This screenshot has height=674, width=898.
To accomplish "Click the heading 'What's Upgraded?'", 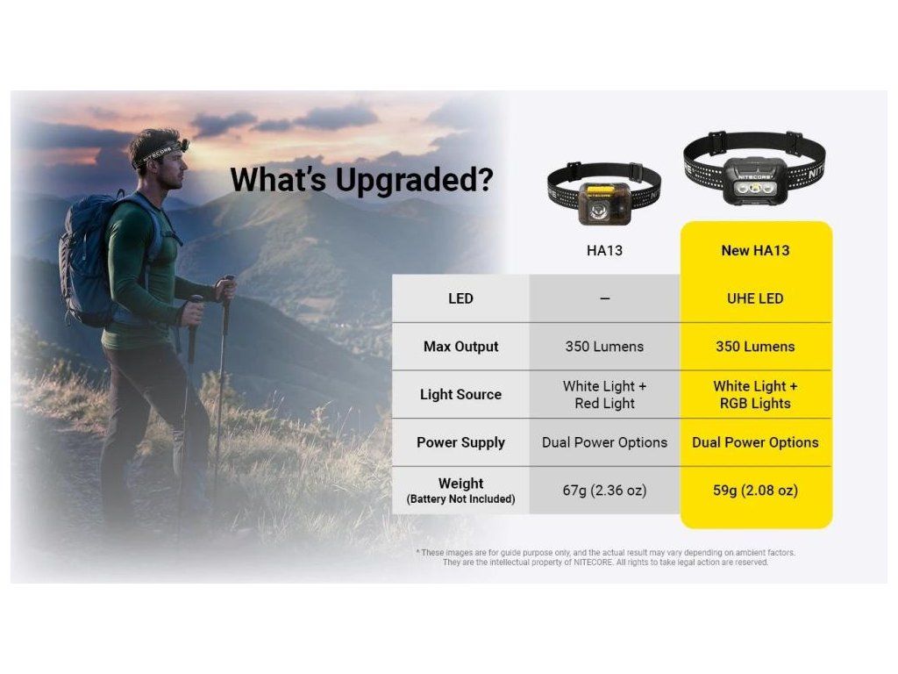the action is (x=361, y=181).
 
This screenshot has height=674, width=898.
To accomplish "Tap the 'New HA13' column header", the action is (x=755, y=250).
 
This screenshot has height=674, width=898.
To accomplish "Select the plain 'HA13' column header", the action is (x=604, y=250).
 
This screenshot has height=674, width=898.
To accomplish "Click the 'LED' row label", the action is (x=460, y=298).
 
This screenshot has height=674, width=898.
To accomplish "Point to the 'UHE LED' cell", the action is (x=755, y=298).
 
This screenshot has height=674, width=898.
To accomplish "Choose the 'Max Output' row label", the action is (x=460, y=347).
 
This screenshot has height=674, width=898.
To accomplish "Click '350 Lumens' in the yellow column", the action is (x=755, y=347).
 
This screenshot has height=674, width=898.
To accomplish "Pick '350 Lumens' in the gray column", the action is (x=604, y=347).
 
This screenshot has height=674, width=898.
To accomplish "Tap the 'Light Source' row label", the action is (x=460, y=395).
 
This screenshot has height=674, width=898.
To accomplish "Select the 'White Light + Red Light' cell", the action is (x=604, y=395).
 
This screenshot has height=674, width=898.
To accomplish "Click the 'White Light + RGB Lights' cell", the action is (x=755, y=395).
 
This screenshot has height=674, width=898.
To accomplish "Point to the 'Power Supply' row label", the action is (x=460, y=442).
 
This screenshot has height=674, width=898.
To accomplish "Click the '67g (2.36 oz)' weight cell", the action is (x=604, y=491).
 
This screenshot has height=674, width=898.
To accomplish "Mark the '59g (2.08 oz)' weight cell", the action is (x=755, y=491).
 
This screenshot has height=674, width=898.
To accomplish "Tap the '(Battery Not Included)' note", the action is (x=460, y=499).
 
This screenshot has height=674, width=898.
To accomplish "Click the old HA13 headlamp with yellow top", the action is (x=603, y=195).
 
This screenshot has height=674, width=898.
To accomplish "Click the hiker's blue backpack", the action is (x=87, y=261).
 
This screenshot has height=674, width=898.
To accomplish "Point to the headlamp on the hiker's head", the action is (x=183, y=145).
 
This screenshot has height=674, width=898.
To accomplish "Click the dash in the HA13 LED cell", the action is (x=605, y=298).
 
